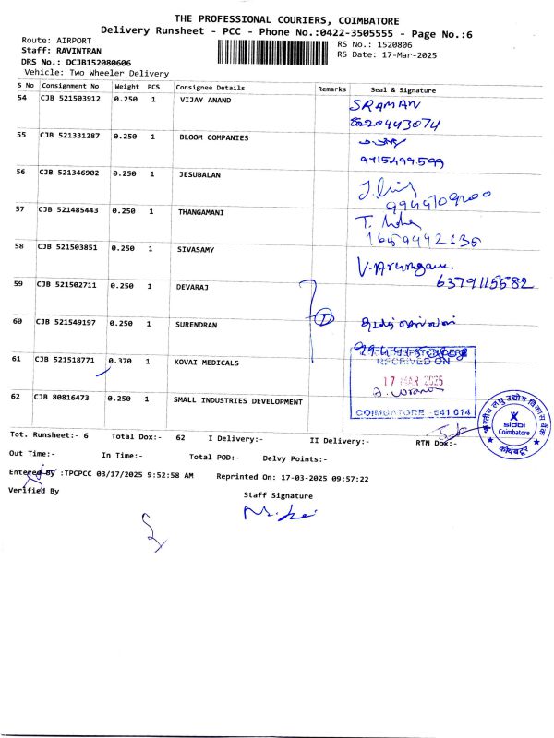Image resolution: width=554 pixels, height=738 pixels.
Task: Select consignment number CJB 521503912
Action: pyautogui.click(x=69, y=98)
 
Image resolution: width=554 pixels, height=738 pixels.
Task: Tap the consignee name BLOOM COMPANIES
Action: pyautogui.click(x=213, y=137)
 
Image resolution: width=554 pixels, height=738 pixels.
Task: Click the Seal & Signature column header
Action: pyautogui.click(x=403, y=90)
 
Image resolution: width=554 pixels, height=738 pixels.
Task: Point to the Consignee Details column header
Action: pyautogui.click(x=211, y=88)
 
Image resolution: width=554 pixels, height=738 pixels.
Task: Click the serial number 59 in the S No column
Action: pyautogui.click(x=20, y=284)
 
